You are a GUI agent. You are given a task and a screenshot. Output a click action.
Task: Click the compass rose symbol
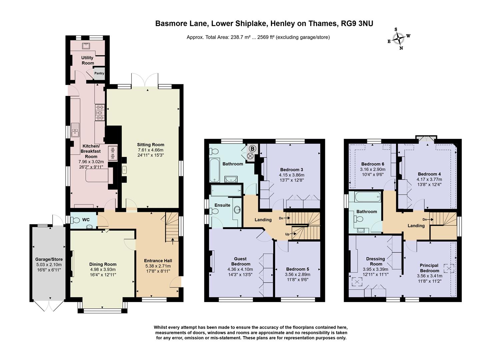pyautogui.click(x=399, y=39)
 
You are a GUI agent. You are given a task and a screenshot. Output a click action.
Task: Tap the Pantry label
pyautogui.click(x=99, y=73)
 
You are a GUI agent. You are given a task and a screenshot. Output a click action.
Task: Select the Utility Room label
pyautogui.click(x=88, y=60)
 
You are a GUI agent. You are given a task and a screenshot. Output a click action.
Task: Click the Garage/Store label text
pyautogui.click(x=49, y=259)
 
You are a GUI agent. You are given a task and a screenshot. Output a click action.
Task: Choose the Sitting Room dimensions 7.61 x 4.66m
pyautogui.click(x=151, y=150)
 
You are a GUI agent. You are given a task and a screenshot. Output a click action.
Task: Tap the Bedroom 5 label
pyautogui.click(x=297, y=269)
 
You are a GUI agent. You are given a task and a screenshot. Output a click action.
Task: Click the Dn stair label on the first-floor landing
pyautogui.click(x=281, y=218)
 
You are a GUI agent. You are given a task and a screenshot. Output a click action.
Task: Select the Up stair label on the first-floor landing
pyautogui.click(x=287, y=234)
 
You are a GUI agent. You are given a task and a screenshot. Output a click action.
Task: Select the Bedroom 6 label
pyautogui.click(x=373, y=164)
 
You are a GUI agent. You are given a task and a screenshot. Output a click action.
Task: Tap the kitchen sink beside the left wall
pyautogui.click(x=75, y=130)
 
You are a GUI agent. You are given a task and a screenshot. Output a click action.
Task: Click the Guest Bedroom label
pyautogui.click(x=240, y=261)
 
